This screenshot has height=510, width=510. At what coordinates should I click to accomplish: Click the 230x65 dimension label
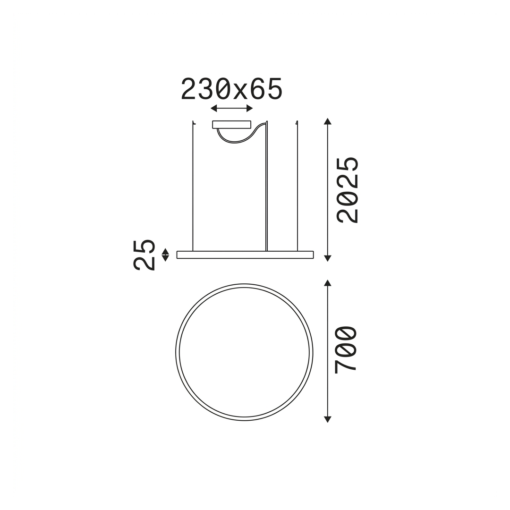231,89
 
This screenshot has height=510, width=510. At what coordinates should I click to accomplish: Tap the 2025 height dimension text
348,190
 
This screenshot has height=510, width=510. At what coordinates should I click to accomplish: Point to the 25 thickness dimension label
144,255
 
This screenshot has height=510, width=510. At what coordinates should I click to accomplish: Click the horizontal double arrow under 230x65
231,108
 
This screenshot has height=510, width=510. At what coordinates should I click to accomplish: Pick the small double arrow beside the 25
166,255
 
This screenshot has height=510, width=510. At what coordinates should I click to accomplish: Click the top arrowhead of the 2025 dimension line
328,121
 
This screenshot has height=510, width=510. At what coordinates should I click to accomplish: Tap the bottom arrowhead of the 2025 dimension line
328,258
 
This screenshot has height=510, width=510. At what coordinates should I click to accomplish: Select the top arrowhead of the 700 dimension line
328,282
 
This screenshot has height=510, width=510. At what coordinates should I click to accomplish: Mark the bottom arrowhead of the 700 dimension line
328,419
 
